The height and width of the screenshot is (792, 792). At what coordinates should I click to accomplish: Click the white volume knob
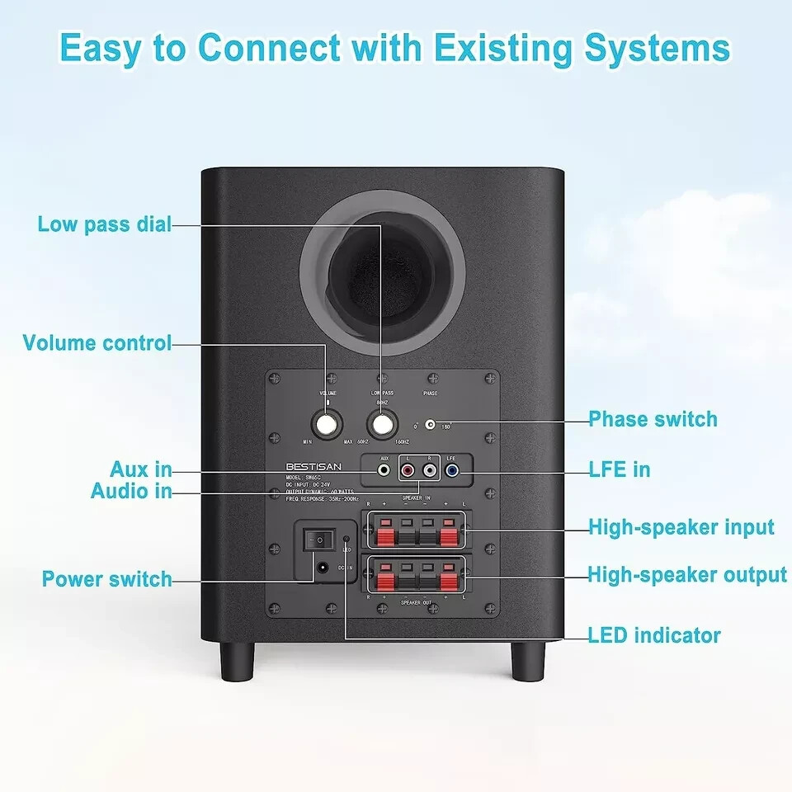(327, 425)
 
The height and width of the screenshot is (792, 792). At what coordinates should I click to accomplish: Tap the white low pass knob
(381, 425)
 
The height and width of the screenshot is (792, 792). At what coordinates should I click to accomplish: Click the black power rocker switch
(315, 540)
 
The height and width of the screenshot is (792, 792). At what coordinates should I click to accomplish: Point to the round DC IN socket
(322, 568)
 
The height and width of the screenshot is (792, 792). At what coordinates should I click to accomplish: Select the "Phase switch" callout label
(653, 419)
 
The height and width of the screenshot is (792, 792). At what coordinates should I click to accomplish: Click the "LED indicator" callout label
(654, 635)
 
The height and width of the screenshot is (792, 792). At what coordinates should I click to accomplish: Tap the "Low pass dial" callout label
(105, 224)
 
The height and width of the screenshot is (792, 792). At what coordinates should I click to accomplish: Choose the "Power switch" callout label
(107, 579)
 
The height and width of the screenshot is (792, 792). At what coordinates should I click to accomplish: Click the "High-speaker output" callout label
(687, 574)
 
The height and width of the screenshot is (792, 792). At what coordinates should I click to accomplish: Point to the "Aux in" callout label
(141, 470)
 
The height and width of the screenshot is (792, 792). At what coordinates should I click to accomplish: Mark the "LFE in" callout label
(619, 470)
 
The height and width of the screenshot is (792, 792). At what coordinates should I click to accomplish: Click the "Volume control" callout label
(97, 343)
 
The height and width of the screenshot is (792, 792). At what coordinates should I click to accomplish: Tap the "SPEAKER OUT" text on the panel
(417, 603)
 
